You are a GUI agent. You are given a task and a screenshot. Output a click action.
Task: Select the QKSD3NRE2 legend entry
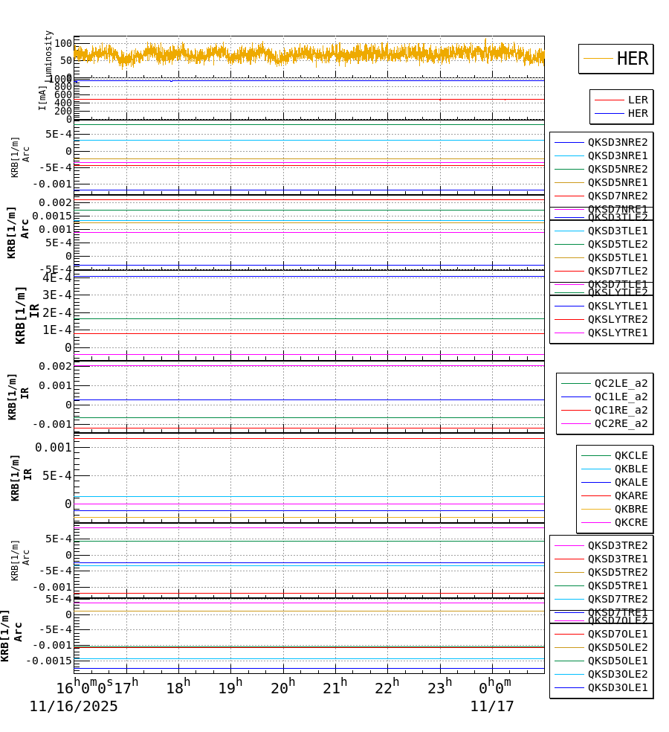click(617, 142)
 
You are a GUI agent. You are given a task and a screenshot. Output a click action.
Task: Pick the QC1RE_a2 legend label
click(621, 410)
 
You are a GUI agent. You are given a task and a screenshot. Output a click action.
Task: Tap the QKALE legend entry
click(630, 482)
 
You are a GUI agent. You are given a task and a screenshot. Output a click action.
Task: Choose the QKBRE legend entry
click(630, 509)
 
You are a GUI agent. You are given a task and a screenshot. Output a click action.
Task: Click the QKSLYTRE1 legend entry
click(617, 333)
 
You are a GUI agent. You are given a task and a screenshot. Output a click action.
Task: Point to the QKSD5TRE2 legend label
click(617, 572)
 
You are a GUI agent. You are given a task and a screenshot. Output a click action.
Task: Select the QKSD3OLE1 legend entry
click(617, 687)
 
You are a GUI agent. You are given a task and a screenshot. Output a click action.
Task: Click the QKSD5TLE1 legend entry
click(617, 257)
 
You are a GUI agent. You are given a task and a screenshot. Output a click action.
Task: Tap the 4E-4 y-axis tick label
click(57, 278)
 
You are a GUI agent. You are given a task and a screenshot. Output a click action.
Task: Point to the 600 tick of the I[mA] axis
click(63, 94)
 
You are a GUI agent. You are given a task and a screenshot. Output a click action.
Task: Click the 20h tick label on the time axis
click(282, 688)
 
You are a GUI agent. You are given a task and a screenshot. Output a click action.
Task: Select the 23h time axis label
click(439, 688)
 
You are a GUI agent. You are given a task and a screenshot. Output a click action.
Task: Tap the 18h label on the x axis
click(178, 688)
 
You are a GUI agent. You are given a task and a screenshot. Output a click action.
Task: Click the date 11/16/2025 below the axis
click(74, 707)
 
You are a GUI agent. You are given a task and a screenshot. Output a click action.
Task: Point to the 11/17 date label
click(491, 707)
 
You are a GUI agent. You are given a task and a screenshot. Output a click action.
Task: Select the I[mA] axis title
click(43, 97)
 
